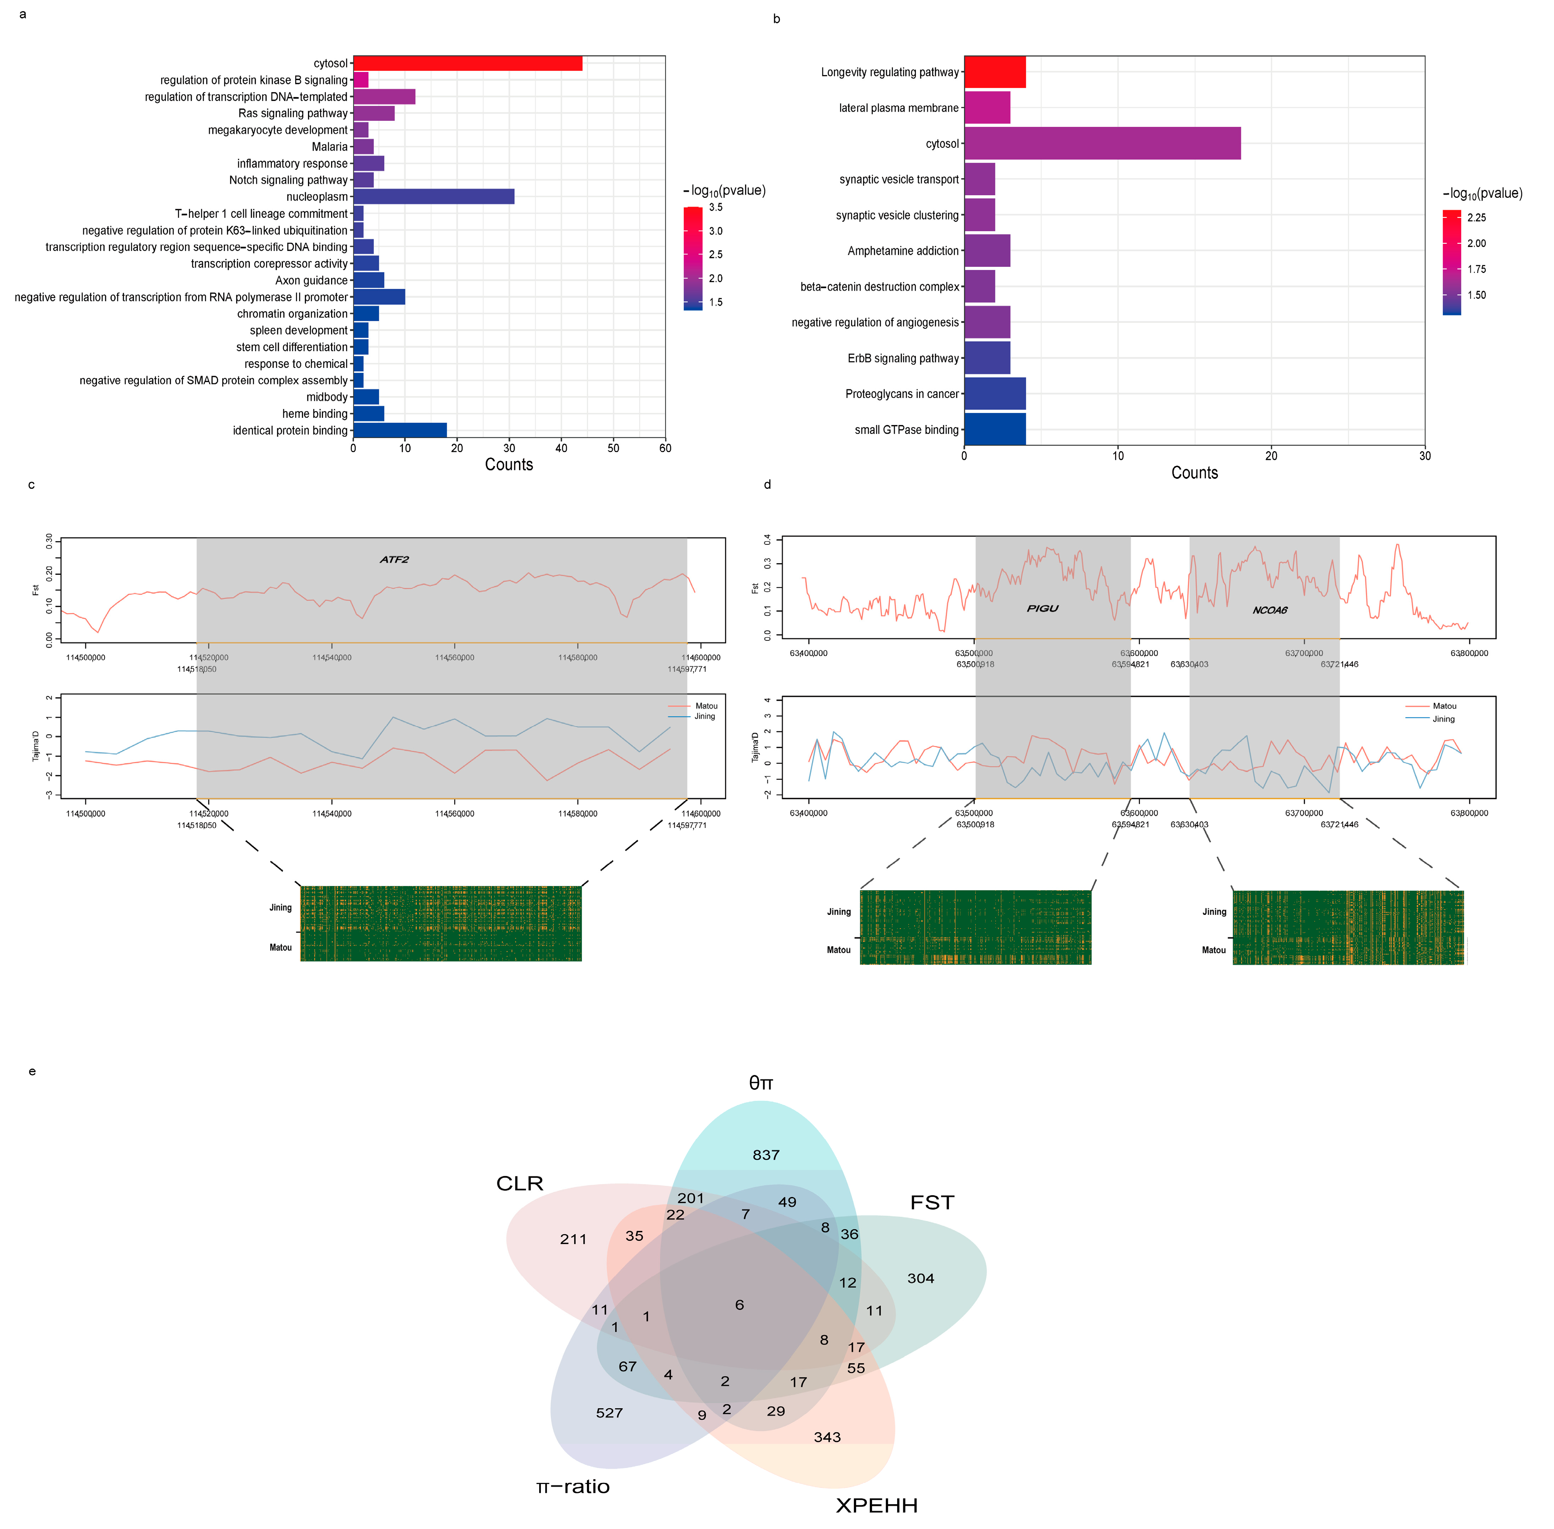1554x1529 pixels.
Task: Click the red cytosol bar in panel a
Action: (x=468, y=63)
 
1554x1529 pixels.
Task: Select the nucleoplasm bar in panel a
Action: (x=434, y=197)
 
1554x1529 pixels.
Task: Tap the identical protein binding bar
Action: (x=400, y=430)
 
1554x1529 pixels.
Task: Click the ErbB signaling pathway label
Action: (x=903, y=358)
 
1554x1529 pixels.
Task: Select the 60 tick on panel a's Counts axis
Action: (x=665, y=448)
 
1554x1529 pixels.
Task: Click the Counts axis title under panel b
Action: (x=1194, y=473)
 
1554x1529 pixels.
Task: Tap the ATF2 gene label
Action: (x=394, y=560)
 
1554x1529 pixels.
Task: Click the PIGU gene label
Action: (x=1042, y=609)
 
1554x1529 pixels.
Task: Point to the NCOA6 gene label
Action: (x=1270, y=610)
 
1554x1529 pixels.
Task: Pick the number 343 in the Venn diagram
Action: (x=827, y=1436)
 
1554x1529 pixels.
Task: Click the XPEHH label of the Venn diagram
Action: (x=876, y=1505)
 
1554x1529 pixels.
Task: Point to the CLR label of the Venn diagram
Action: (x=520, y=1183)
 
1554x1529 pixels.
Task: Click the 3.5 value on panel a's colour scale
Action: (x=716, y=207)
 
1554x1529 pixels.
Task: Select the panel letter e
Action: (x=32, y=1071)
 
